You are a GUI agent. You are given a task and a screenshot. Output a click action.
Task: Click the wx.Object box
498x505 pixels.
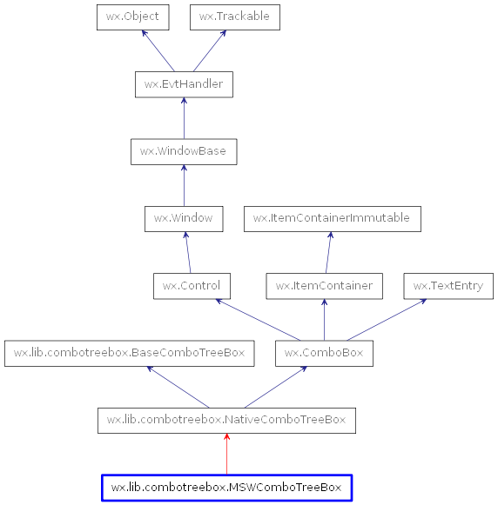point(132,17)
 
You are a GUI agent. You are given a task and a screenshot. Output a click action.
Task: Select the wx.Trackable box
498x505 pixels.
point(234,17)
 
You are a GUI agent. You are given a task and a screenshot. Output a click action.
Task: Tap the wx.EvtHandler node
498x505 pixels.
point(184,84)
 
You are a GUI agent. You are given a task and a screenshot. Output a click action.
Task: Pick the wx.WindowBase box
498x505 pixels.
point(183,151)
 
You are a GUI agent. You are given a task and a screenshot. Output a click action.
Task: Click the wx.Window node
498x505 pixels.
point(183,218)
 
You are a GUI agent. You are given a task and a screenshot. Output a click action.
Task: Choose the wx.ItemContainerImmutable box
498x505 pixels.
point(332,218)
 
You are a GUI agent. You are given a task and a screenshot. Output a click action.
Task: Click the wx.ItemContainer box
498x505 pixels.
point(324,285)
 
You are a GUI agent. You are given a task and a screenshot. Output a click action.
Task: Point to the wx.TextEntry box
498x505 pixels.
point(448,285)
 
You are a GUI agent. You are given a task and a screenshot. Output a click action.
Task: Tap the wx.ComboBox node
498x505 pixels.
point(324,354)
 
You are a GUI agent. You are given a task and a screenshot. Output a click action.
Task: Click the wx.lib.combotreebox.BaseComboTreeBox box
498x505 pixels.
point(130,354)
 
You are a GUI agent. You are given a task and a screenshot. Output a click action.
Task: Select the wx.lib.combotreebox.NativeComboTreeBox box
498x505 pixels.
point(226,421)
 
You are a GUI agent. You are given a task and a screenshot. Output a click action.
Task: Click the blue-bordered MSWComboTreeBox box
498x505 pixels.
point(226,488)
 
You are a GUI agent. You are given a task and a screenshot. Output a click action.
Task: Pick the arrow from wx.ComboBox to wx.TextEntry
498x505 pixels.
point(386,319)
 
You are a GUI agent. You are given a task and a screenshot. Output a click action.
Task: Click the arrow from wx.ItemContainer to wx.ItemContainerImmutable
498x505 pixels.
point(328,252)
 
